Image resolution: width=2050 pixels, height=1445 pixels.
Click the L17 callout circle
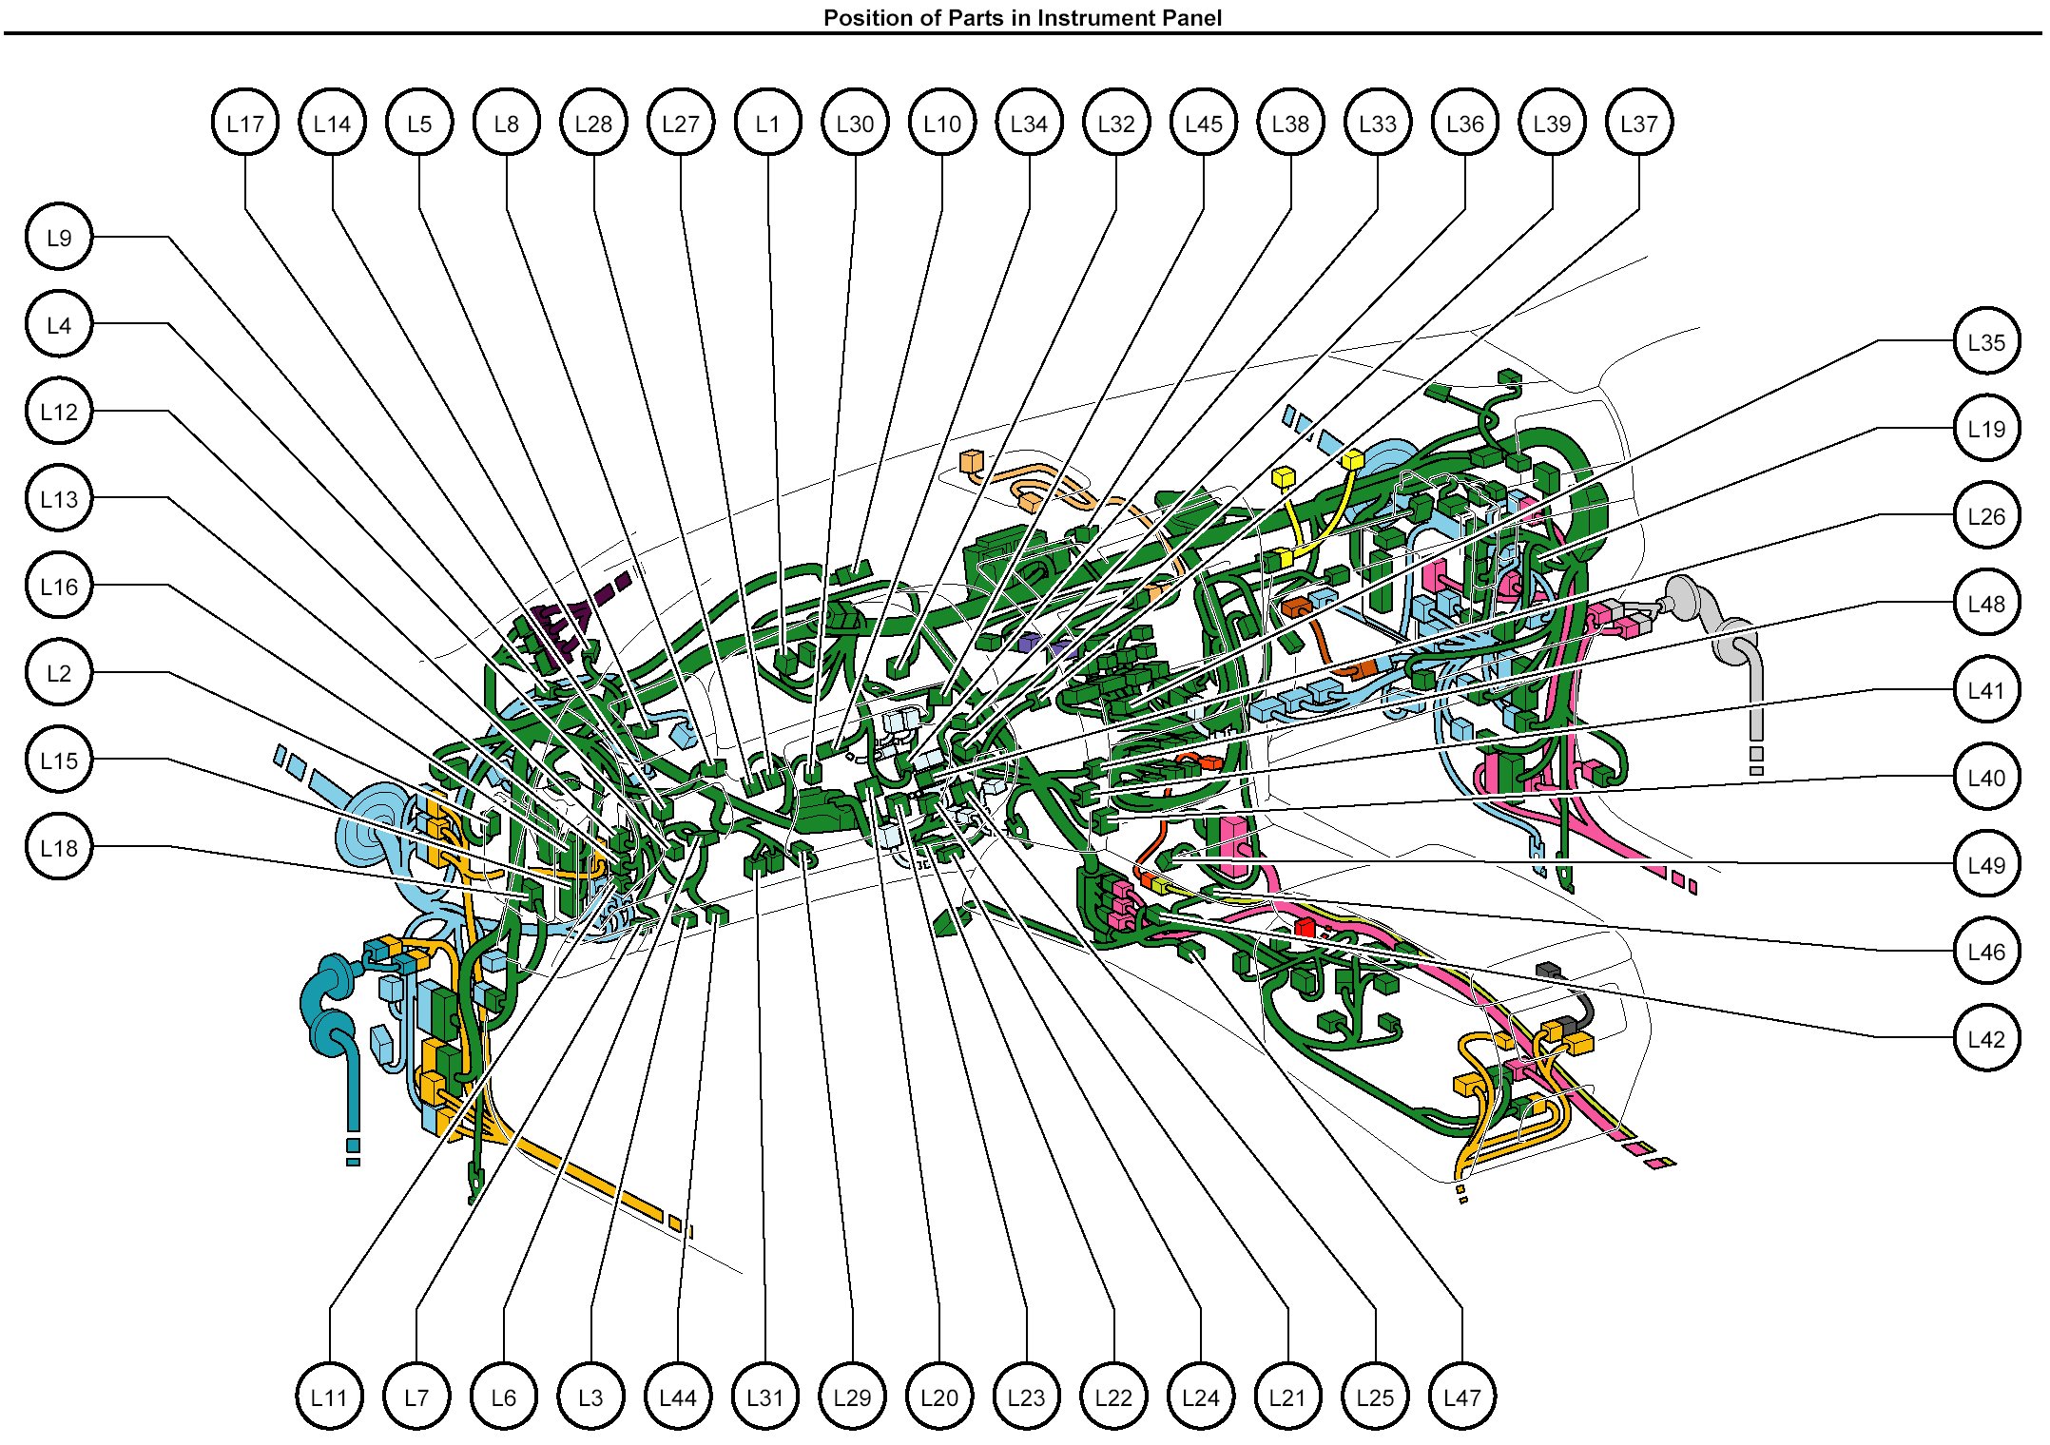pos(245,123)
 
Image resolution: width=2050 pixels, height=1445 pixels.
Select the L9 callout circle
pos(59,237)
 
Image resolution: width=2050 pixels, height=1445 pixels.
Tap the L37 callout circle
pos(1639,123)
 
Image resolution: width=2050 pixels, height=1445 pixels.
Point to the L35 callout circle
pos(1986,341)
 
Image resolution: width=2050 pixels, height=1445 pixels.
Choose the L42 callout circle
pos(1986,1038)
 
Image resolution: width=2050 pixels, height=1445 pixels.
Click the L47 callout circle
pos(1462,1397)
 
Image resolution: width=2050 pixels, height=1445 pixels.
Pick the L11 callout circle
pos(329,1397)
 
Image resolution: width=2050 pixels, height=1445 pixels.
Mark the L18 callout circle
pos(59,847)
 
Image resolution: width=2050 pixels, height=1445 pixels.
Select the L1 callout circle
pos(768,123)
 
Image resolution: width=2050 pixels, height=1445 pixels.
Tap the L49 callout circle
pos(1986,864)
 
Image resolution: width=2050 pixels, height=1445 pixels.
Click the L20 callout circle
pos(939,1397)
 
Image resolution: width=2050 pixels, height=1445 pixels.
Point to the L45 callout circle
pos(1204,123)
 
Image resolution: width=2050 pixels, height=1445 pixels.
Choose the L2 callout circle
pos(59,673)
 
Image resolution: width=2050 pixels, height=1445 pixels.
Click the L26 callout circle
pos(1986,515)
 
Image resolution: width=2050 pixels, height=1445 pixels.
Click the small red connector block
pos(1305,927)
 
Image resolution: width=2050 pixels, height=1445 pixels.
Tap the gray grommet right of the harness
pos(1684,599)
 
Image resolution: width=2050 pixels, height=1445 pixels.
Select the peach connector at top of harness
pos(971,461)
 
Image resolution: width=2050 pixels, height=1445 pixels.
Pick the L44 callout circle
pos(678,1397)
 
